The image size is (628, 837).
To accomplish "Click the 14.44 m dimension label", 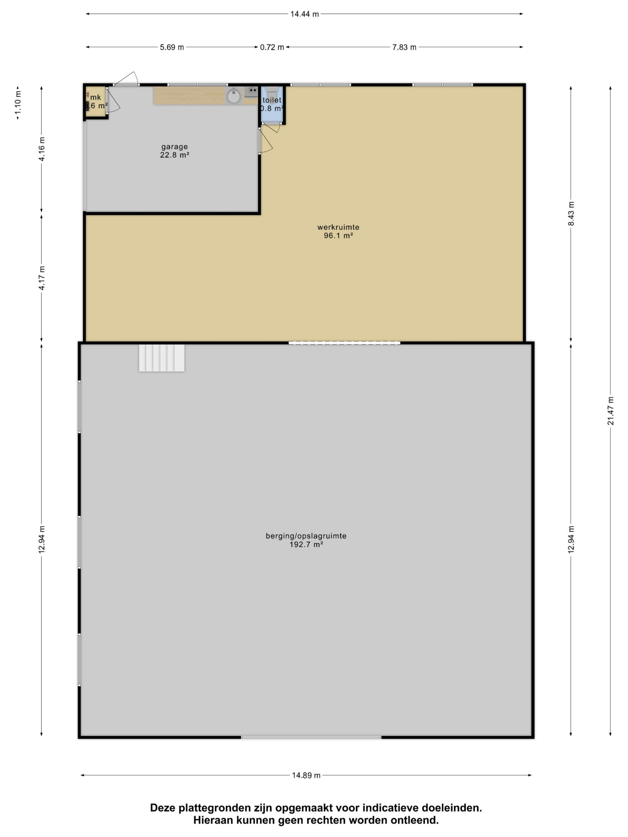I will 304,14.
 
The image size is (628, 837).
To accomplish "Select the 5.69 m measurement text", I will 172,47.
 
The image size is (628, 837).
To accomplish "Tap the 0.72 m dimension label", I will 272,47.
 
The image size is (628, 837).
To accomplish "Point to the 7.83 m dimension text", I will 404,47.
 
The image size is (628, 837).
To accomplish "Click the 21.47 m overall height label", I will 611,411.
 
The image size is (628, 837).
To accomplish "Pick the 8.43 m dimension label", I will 571,214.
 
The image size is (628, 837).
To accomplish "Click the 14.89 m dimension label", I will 306,775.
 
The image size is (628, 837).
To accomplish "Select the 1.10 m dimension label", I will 18,103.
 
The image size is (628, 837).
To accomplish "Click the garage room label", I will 175,146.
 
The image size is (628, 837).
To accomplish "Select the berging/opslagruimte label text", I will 306,536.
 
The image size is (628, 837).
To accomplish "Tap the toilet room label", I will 272,100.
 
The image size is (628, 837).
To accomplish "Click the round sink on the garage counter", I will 234,96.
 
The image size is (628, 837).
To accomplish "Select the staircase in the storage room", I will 162,358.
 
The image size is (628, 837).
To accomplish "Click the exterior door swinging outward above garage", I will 128,78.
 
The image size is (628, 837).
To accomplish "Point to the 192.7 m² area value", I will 306,544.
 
